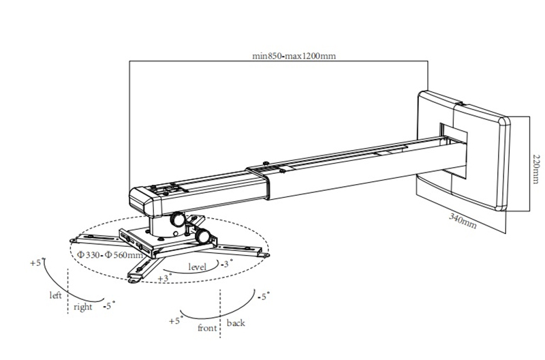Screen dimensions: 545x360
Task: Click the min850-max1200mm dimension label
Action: pyautogui.click(x=294, y=56)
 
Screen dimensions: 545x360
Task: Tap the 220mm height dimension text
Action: pyautogui.click(x=537, y=169)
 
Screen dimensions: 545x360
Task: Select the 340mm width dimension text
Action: pyautogui.click(x=463, y=221)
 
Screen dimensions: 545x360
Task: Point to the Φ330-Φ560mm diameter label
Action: pyautogui.click(x=110, y=254)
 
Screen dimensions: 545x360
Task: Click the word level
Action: pyautogui.click(x=197, y=267)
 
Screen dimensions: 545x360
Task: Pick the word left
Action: pyautogui.click(x=55, y=295)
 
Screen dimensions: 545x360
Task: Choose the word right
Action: pyautogui.click(x=82, y=307)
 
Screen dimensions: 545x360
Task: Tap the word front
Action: pyautogui.click(x=207, y=328)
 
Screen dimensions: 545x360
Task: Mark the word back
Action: pyautogui.click(x=236, y=322)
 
